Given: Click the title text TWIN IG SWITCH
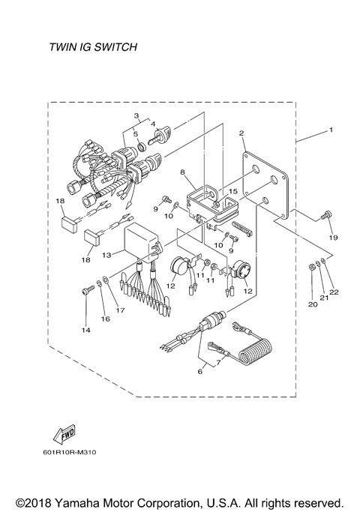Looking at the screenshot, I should [x=94, y=47].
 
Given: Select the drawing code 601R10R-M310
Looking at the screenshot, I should [x=75, y=453].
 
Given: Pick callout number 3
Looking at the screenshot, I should [x=136, y=115].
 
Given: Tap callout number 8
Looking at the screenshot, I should [x=181, y=172].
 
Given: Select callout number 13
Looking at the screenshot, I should [x=107, y=255].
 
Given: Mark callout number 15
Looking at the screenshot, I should [x=233, y=192].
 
